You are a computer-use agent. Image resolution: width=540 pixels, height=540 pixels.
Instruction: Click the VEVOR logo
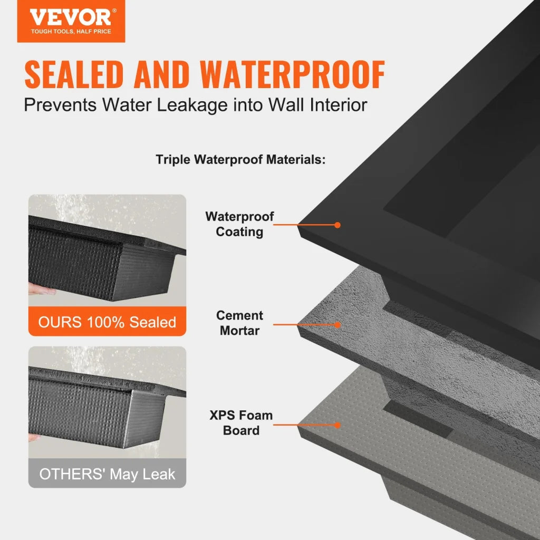coord(71,17)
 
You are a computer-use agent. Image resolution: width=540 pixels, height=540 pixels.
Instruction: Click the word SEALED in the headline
coord(74,75)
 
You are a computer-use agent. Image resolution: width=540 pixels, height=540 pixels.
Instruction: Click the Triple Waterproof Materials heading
coord(240,159)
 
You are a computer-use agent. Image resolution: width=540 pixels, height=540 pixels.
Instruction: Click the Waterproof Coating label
coord(240,224)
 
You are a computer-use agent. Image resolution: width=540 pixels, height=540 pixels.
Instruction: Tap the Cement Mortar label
coord(239,323)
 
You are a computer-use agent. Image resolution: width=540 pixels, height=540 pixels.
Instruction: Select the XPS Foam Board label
coord(241,422)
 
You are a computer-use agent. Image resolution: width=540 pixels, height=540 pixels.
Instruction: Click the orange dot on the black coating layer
coord(337,225)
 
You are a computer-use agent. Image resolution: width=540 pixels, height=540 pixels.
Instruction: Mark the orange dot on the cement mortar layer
coord(337,324)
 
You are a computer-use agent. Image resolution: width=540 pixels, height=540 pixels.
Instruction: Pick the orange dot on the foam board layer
coord(337,425)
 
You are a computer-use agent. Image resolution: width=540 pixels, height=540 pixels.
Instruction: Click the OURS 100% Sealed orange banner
coord(107,322)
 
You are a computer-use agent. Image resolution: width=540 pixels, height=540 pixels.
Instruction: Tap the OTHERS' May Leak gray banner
coord(107,474)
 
